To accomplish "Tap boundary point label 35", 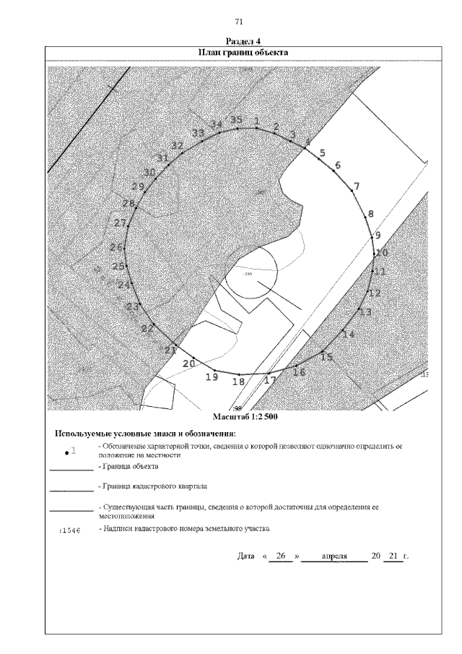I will [236, 120].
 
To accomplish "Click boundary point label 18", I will [238, 382].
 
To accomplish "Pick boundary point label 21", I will [170, 350].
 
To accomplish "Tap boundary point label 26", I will [116, 247].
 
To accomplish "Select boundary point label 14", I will [349, 334].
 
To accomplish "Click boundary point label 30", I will [149, 172].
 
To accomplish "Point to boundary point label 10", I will [382, 253].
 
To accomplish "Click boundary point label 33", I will [198, 134].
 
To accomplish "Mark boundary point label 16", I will [299, 372].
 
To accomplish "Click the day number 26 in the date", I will [282, 556].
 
